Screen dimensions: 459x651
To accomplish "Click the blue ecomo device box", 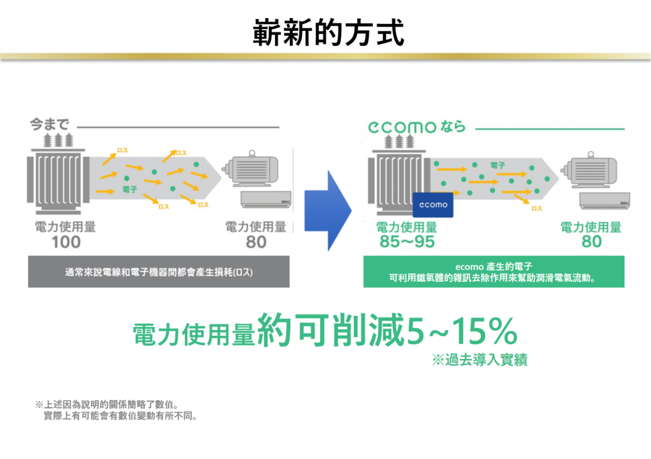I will (x=433, y=205).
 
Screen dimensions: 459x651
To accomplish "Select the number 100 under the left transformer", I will (x=66, y=242).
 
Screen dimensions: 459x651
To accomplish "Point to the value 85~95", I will (x=407, y=242).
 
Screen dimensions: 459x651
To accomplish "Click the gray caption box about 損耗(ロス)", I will (x=159, y=272).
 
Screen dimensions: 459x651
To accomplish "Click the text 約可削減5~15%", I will (x=387, y=331).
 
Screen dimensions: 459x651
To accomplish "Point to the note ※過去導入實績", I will (x=479, y=361).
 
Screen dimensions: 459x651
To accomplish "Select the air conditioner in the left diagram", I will (x=266, y=199).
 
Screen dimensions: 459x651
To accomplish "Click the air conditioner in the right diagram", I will (x=605, y=200).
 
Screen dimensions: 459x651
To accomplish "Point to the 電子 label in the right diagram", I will (x=497, y=165).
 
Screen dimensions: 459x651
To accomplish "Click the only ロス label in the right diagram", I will (x=535, y=208).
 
